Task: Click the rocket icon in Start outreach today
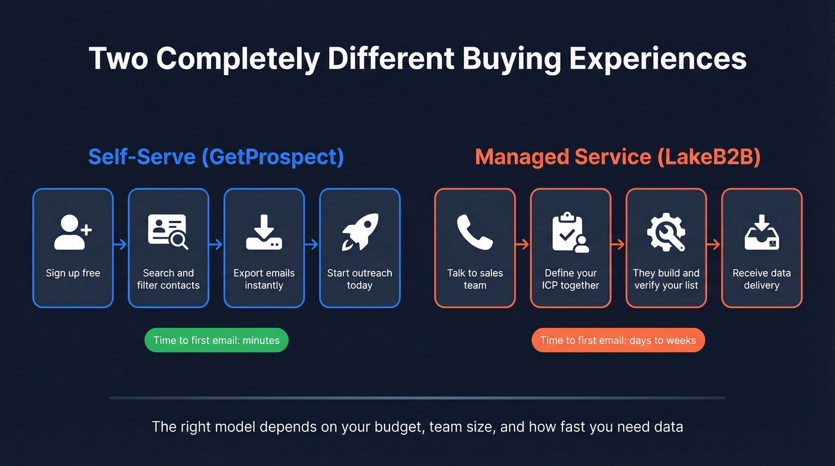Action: tap(360, 232)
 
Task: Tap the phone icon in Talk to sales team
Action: tap(475, 232)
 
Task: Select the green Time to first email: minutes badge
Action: tap(217, 340)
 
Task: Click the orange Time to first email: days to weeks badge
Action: tap(618, 340)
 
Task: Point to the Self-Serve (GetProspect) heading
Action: tap(216, 157)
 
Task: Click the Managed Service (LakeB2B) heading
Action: tap(618, 157)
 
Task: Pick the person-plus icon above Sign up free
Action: tap(73, 232)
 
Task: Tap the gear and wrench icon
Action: tap(666, 232)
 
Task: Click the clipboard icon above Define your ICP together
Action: tap(570, 232)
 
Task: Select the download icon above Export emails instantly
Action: tap(264, 232)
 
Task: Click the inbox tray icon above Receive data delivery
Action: tap(762, 232)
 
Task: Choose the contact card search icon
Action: tap(168, 232)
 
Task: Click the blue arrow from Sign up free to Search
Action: tap(120, 244)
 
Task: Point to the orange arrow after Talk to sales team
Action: tap(522, 244)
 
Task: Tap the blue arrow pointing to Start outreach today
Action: tap(312, 244)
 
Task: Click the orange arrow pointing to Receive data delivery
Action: tap(714, 244)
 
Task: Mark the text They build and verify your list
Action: tap(666, 279)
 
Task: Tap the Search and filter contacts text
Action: tap(168, 279)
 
